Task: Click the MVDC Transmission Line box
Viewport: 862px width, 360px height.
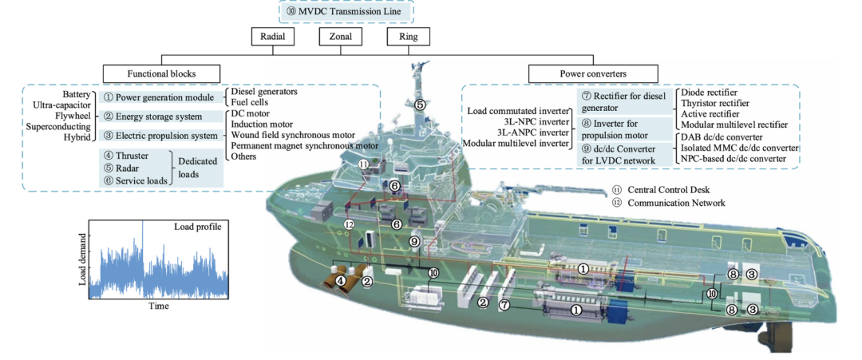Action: [346, 11]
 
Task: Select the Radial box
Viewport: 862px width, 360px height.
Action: [271, 37]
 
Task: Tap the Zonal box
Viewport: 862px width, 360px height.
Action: [340, 37]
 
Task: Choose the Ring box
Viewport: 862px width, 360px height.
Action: [408, 37]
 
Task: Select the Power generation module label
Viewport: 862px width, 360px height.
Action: [160, 98]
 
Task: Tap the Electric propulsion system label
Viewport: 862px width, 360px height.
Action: [160, 135]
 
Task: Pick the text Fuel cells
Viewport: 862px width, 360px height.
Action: [250, 101]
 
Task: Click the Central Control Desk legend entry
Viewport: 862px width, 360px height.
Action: [662, 190]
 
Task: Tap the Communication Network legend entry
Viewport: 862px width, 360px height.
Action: [668, 203]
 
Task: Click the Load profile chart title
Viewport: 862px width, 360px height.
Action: [202, 226]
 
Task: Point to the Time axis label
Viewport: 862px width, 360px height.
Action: [159, 306]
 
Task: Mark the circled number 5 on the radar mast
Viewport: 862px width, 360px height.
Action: [420, 103]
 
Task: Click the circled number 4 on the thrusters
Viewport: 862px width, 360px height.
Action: [341, 280]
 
